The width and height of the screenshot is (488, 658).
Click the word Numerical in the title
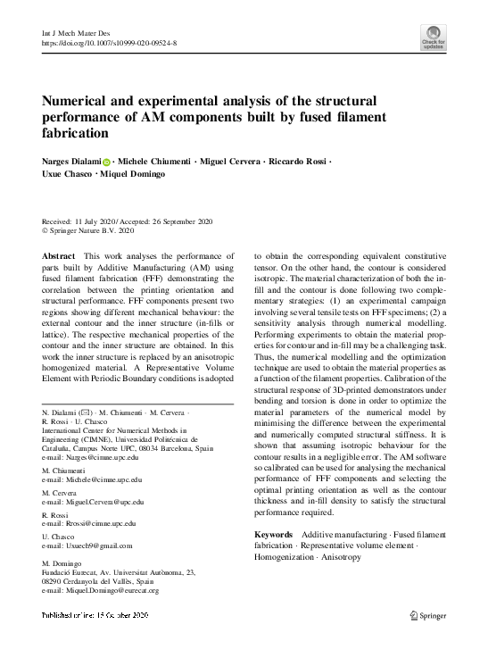[82, 103]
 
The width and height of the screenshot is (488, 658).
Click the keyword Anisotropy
[332, 557]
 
